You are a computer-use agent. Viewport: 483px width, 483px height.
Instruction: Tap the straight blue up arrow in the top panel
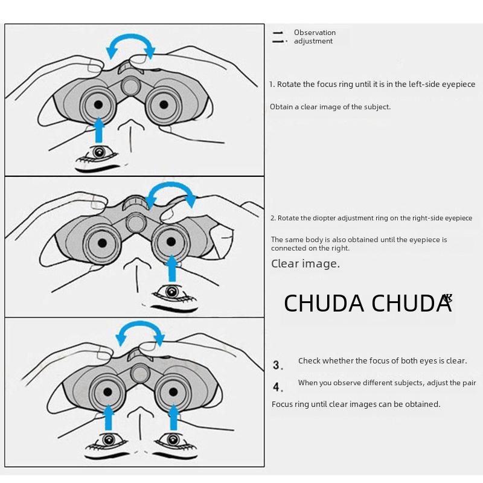99,130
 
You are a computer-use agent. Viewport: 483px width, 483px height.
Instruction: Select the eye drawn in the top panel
98,153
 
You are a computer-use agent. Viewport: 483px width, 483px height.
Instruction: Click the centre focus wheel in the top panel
131,85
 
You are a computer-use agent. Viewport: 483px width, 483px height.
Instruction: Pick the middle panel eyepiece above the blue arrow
172,243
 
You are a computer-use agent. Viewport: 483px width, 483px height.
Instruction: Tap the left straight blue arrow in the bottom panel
109,417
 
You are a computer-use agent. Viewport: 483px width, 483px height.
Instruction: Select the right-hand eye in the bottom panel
173,439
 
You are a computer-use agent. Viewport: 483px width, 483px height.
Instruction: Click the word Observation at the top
315,33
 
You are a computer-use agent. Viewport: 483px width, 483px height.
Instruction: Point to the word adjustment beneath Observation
313,41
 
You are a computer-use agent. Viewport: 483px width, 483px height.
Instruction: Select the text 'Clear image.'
305,263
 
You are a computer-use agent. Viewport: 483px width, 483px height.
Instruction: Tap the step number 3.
277,365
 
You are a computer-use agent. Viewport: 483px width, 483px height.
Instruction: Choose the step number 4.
277,387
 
